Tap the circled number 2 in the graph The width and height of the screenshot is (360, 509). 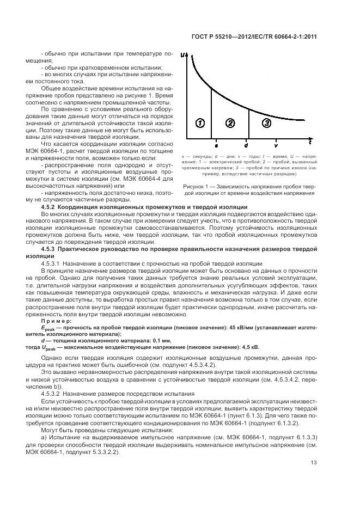pyautogui.click(x=230, y=123)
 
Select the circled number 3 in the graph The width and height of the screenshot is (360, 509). pyautogui.click(x=266, y=123)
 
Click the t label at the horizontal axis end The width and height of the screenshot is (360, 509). pyautogui.click(x=310, y=143)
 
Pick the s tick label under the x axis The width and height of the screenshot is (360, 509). pyautogui.click(x=216, y=146)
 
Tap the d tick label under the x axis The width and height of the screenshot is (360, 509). pyautogui.click(x=247, y=146)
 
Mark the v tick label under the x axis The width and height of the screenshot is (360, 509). pyautogui.click(x=276, y=146)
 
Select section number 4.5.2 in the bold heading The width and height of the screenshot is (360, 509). pyautogui.click(x=50, y=207)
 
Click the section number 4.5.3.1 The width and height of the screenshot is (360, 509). pyautogui.click(x=53, y=263)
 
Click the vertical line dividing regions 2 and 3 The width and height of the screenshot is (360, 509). pyautogui.click(x=249, y=125)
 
